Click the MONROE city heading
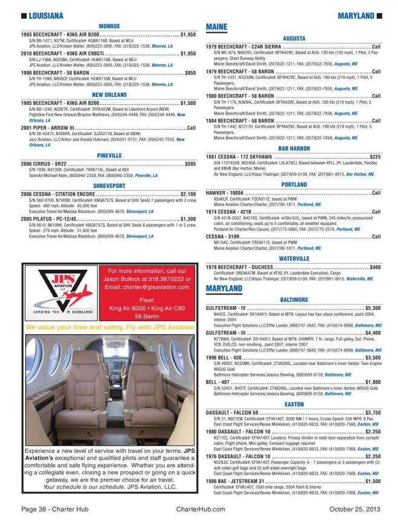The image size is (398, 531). [x=109, y=27]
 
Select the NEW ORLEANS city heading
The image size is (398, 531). [x=109, y=95]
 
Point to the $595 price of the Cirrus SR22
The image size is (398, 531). [x=190, y=164]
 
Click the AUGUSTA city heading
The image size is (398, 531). [x=294, y=38]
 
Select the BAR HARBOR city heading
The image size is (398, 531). [x=294, y=148]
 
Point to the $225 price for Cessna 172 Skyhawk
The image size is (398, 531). [x=375, y=156]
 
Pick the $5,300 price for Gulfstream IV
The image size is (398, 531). [x=373, y=308]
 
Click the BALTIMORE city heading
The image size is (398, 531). [x=294, y=299]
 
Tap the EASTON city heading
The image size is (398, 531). [x=294, y=403]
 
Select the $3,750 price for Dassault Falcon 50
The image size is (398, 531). [x=373, y=412]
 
